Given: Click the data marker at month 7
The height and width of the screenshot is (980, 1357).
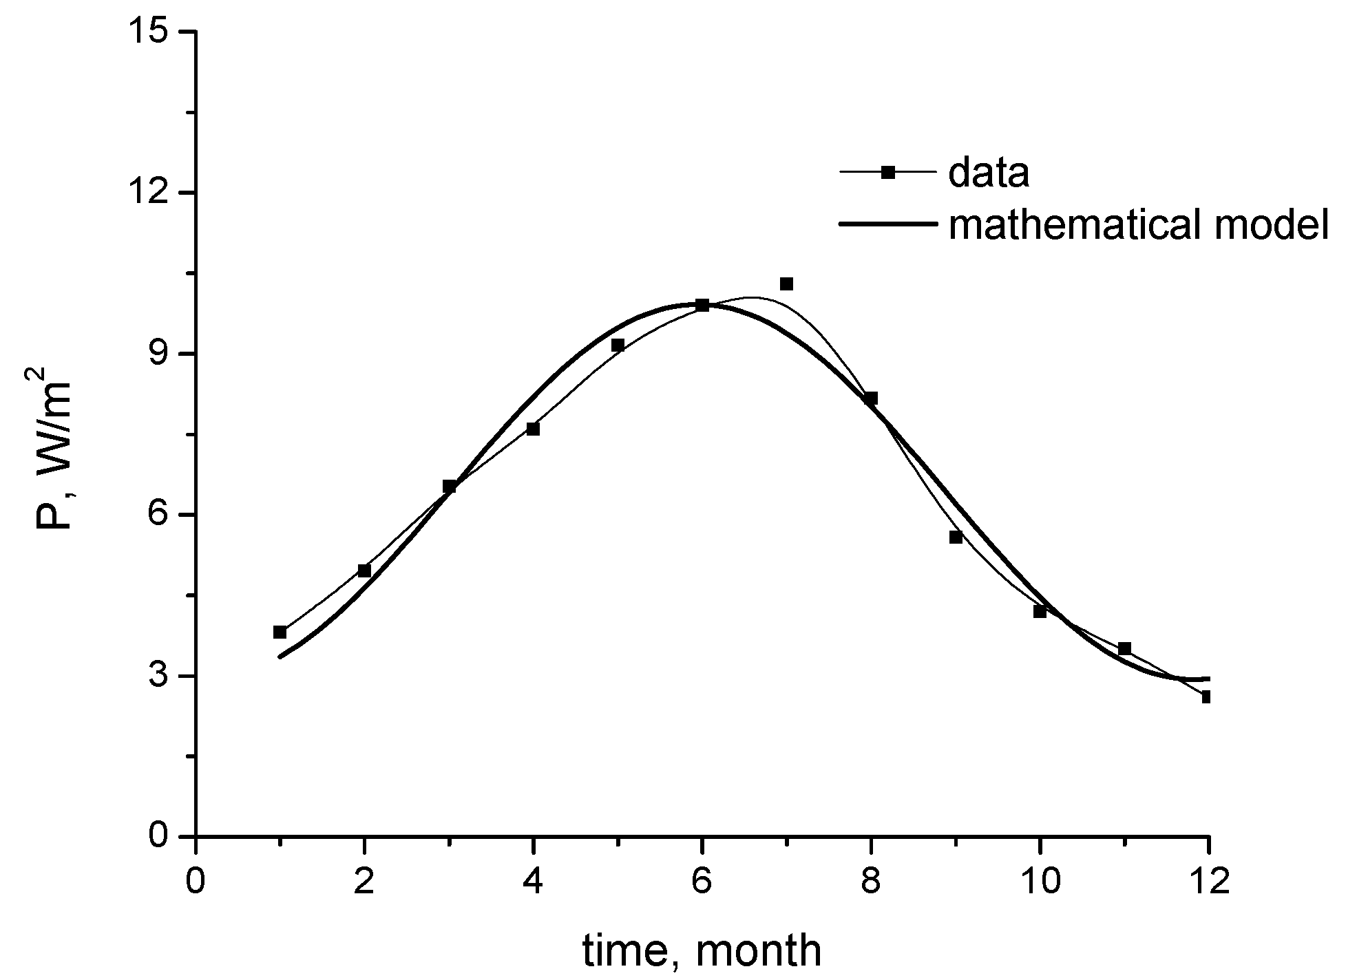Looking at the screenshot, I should coord(786,284).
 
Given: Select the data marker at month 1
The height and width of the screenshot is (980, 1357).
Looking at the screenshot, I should coord(280,632).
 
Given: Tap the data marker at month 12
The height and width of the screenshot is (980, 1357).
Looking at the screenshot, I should coord(1205,697).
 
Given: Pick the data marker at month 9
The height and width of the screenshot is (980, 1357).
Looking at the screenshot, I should coord(956,537).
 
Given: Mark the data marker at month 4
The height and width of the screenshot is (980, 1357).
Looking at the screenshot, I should coord(533,429).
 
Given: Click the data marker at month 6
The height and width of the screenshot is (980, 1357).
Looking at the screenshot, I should coord(702,305).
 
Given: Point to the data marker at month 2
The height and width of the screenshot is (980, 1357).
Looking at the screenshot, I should coord(364,571).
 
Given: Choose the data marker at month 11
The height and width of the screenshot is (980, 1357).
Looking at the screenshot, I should coord(1124,648).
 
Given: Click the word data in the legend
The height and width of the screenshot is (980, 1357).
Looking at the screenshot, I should coord(989,173).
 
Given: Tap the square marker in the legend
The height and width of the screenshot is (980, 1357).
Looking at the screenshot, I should coord(887,173).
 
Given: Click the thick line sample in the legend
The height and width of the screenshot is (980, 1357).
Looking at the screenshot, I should coord(887,224).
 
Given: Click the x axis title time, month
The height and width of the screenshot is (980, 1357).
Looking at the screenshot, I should coord(702,950).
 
